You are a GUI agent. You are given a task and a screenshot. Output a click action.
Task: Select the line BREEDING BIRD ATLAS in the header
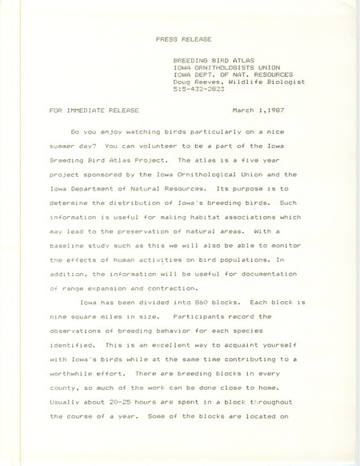(x=209, y=60)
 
